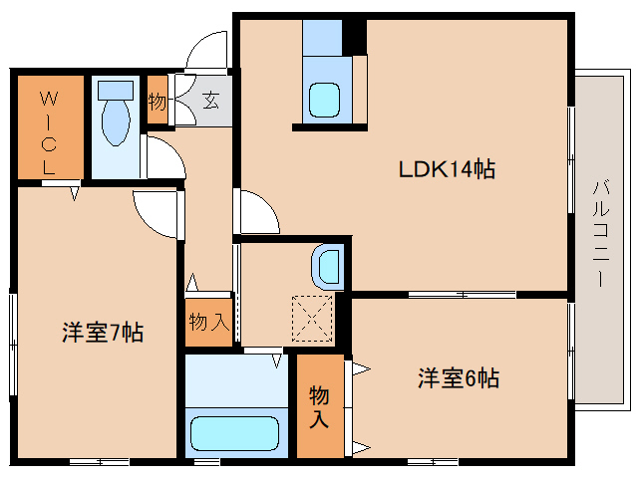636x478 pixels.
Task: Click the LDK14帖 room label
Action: coord(448,169)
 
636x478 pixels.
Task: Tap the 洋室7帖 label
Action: coord(102,333)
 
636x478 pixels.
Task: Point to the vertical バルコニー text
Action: coord(600,233)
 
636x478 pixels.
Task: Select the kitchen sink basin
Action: coord(324,100)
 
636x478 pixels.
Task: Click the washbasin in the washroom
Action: coord(328,266)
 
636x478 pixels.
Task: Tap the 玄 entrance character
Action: coord(211,100)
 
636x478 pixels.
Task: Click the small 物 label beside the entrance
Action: coord(158,101)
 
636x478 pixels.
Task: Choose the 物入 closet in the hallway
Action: coord(209,322)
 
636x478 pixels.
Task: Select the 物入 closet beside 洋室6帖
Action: coord(319,406)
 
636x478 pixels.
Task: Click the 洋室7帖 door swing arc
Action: coord(158,212)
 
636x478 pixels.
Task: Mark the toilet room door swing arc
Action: coord(161,157)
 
